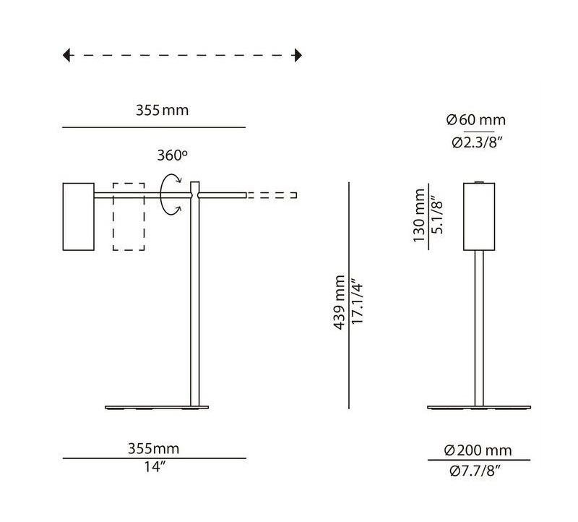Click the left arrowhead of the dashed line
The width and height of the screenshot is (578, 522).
[x=67, y=55]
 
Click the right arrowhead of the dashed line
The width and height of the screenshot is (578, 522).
[x=297, y=55]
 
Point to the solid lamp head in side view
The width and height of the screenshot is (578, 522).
[x=78, y=218]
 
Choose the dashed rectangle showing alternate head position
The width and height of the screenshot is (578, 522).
[x=129, y=217]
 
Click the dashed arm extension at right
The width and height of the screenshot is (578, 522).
[x=272, y=195]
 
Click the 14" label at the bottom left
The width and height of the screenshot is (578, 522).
[x=155, y=467]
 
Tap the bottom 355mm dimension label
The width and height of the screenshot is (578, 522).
[x=153, y=449]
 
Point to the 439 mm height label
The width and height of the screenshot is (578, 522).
[x=338, y=302]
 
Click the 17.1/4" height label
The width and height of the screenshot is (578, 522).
[x=355, y=302]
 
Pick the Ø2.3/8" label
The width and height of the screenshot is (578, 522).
[x=477, y=142]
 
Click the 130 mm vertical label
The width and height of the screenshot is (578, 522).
[x=419, y=215]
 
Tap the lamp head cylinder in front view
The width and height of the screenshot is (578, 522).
[x=479, y=216]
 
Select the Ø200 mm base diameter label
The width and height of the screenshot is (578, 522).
[x=478, y=450]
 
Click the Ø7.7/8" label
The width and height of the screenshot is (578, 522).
[x=478, y=471]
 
